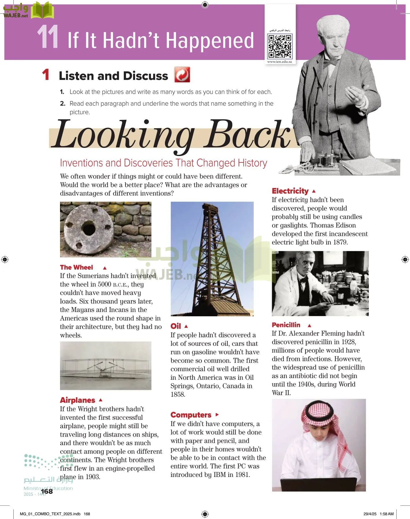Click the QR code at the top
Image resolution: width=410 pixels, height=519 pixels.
tap(280, 46)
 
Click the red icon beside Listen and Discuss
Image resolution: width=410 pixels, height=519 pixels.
tap(182, 75)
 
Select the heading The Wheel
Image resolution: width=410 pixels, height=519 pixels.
tap(76, 267)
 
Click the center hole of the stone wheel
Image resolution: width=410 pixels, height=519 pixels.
tap(88, 229)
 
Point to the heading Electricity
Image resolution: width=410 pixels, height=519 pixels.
tap(290, 191)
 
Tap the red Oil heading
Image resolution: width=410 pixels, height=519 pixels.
tap(176, 326)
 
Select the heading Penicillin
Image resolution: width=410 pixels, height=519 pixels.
tap(286, 325)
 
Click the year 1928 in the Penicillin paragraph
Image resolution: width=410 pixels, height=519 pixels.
tap(348, 342)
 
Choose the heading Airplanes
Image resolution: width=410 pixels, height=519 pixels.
tap(77, 400)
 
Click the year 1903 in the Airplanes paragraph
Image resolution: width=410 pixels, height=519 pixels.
tap(92, 477)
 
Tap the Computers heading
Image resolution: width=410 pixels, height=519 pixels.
tap(191, 415)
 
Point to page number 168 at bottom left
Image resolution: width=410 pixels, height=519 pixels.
tap(47, 491)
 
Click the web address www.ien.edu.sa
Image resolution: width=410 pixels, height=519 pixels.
tap(279, 62)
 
